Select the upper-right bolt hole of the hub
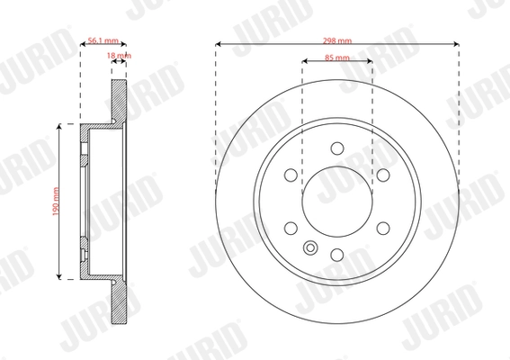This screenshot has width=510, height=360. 380,175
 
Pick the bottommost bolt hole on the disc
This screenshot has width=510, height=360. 337,256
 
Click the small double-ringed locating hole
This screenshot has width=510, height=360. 311,250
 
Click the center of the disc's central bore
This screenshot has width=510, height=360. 337,202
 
